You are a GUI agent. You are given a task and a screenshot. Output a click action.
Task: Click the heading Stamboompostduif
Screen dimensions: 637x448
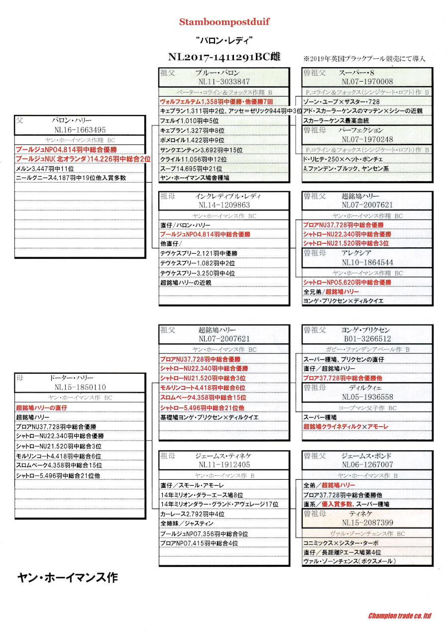[224, 22]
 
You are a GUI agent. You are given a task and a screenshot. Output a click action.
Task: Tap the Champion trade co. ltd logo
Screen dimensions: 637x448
[399, 616]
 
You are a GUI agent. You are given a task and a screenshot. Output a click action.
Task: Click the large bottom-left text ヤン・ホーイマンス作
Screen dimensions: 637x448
[67, 577]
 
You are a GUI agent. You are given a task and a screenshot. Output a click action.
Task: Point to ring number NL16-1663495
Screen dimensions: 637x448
[80, 130]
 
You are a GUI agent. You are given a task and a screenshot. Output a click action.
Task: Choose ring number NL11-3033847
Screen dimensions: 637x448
[224, 82]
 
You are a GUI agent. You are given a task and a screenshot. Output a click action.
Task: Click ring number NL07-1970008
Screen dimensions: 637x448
[367, 82]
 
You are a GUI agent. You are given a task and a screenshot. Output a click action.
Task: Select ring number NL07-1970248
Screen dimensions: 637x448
[367, 139]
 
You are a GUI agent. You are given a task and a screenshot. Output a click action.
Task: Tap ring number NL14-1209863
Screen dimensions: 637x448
[224, 205]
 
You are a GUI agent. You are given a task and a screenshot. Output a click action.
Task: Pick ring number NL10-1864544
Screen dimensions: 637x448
[367, 262]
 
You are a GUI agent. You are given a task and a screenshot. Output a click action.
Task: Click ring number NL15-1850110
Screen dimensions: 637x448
[80, 387]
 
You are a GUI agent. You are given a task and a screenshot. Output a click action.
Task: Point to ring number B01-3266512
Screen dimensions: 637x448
[367, 339]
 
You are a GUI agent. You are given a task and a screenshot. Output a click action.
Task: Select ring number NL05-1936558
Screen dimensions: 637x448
[367, 397]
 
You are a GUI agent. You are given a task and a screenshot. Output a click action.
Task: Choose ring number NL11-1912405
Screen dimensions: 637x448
[224, 464]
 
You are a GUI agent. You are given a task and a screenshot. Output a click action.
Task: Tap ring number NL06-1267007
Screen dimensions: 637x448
[367, 464]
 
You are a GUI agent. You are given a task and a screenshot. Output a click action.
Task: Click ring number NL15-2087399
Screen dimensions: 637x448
[367, 523]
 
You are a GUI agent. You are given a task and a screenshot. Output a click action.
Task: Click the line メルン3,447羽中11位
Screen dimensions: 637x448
[45, 168]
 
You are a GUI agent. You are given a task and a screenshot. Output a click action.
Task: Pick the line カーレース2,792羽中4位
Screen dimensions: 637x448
[192, 514]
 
